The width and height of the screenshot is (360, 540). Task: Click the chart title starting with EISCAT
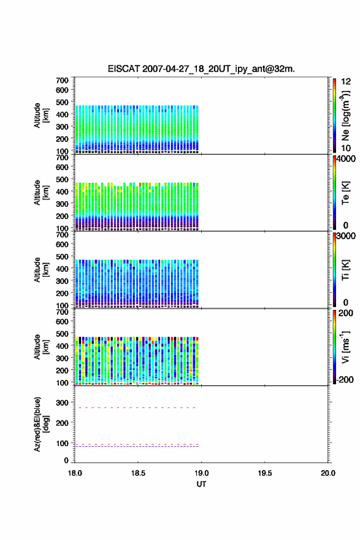(201, 69)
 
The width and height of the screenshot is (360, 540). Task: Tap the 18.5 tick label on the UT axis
(138, 473)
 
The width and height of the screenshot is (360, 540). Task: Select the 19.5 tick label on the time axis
(265, 473)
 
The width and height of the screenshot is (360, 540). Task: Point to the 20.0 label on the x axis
(328, 473)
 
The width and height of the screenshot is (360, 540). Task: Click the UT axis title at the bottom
(201, 484)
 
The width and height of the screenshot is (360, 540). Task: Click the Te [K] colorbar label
(345, 193)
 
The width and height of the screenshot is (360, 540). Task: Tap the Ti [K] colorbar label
(345, 270)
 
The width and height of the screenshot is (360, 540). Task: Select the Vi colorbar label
(345, 347)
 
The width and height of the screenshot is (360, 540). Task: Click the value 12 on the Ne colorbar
(346, 82)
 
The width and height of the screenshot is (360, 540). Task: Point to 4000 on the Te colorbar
(346, 159)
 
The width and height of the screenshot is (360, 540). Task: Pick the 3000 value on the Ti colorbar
(346, 236)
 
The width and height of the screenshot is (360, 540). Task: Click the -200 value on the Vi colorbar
(345, 379)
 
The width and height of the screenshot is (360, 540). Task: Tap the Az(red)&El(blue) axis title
(41, 424)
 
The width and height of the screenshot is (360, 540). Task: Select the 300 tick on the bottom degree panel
(63, 403)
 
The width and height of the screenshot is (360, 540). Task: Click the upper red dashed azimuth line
(136, 407)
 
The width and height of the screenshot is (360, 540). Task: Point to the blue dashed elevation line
(137, 446)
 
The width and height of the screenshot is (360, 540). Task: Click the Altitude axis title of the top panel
(41, 115)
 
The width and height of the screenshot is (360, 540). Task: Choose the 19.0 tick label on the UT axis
(201, 473)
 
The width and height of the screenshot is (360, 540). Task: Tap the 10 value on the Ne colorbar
(346, 148)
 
